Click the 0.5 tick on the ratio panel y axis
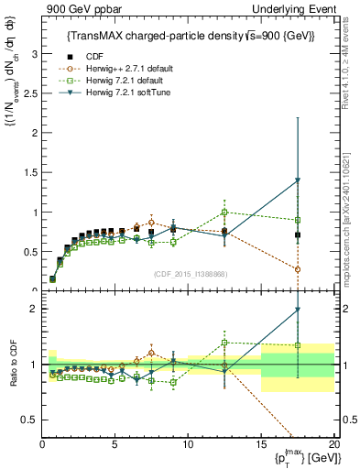click(x=31, y=420)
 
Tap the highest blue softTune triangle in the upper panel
click(x=298, y=180)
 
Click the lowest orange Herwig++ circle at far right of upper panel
click(x=298, y=269)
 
